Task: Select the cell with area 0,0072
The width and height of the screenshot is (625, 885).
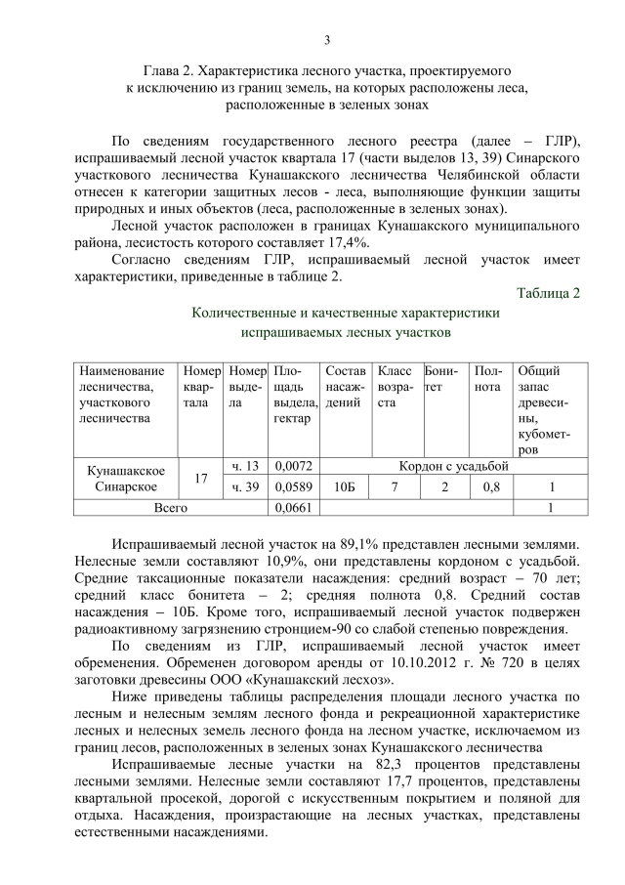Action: pyautogui.click(x=292, y=465)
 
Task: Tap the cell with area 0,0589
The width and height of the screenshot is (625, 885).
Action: pyautogui.click(x=292, y=487)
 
